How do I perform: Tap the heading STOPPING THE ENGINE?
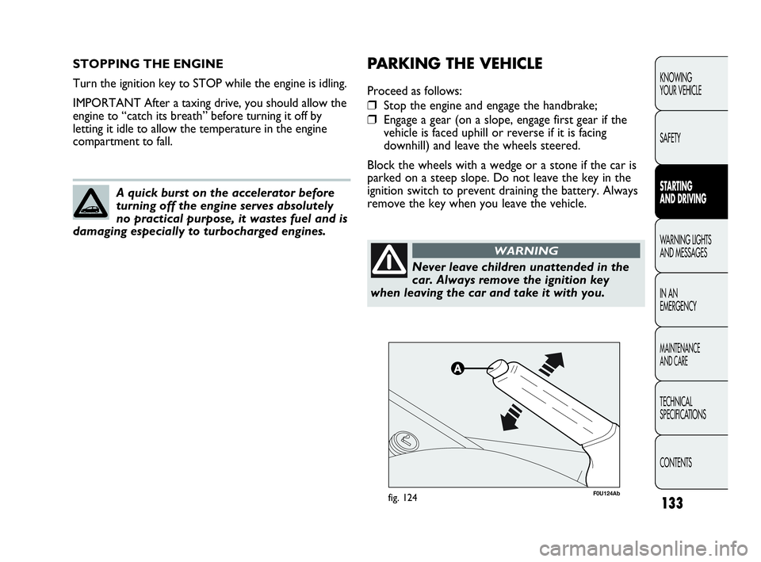tap(147, 63)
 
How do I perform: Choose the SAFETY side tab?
tap(669, 138)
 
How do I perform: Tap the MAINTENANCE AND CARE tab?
tap(679, 354)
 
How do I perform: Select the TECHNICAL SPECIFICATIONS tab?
tap(682, 408)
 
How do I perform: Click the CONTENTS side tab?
tap(675, 462)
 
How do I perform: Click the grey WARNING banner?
tap(526, 250)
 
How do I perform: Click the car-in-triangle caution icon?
tap(91, 203)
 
